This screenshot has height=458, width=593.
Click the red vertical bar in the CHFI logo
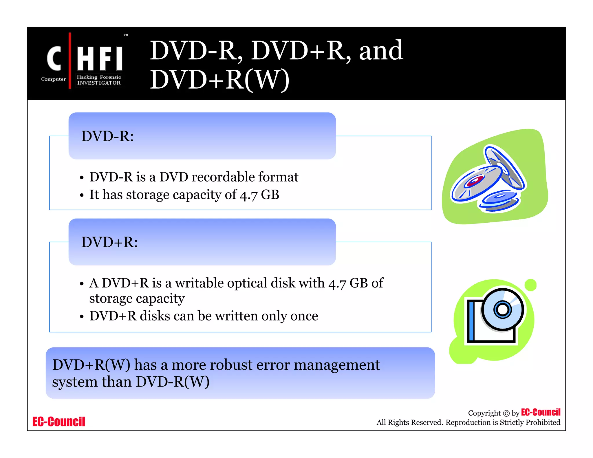tap(70, 61)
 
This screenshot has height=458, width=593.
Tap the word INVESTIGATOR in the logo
tap(99, 83)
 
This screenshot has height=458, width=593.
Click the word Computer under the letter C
tap(54, 79)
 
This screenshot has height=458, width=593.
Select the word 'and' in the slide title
tap(381, 51)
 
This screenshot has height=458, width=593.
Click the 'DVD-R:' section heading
tap(107, 136)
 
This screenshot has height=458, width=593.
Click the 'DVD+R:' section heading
tap(109, 242)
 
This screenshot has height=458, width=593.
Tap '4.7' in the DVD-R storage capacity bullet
tap(248, 195)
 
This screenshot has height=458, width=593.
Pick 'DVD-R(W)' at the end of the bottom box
tap(173, 382)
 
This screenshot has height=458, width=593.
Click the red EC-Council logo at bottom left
tap(59, 422)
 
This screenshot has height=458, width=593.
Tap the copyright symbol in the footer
tap(506, 413)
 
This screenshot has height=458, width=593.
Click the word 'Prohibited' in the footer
tap(543, 422)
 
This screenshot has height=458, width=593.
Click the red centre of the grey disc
tap(473, 182)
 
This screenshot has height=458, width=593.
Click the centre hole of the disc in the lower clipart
tap(502, 309)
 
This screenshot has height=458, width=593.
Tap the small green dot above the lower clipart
tap(530, 285)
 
